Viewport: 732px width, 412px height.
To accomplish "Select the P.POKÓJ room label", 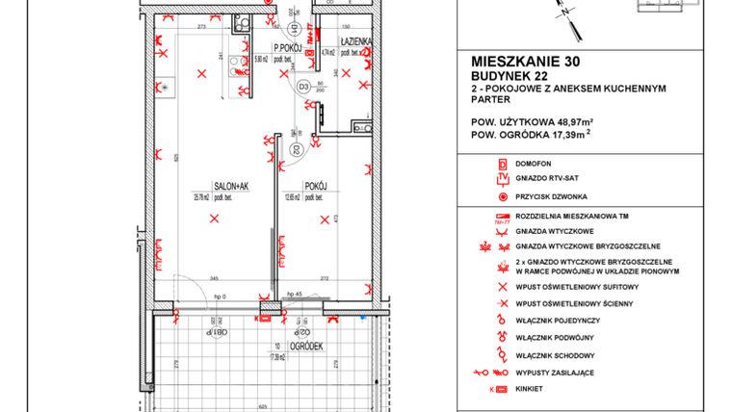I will click(x=288, y=47).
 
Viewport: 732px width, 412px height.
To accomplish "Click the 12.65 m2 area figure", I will click(x=293, y=199).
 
